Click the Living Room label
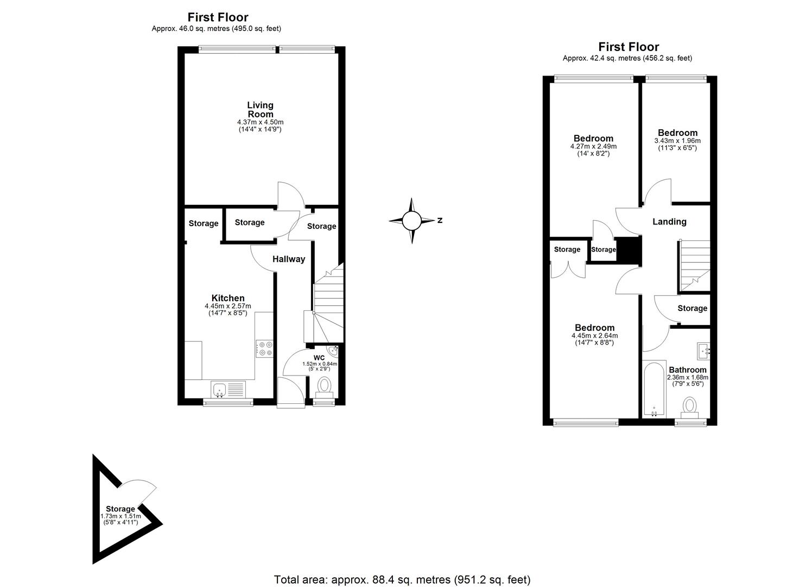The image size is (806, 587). pos(260,109)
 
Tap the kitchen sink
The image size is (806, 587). pos(220,389)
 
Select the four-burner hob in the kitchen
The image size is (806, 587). pos(264,348)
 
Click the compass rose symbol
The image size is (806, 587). pos(411,221)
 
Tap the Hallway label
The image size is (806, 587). pos(289,259)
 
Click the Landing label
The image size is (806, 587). pos(669,222)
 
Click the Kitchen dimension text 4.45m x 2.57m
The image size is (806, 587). pos(228,307)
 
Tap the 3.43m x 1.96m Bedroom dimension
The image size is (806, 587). pos(677,141)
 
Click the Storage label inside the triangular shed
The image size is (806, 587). pos(120,509)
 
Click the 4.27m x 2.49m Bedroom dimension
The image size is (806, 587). pos(593,147)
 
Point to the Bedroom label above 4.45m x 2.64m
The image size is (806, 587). pos(594,328)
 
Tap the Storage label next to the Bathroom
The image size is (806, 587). pos(692,308)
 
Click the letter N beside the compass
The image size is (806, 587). pos(440,221)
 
